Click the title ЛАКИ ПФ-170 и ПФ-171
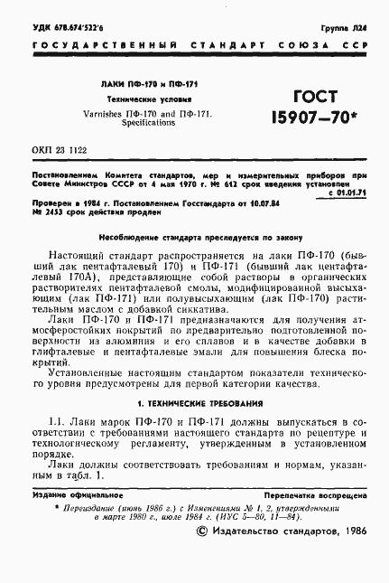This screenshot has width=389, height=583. (136, 84)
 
